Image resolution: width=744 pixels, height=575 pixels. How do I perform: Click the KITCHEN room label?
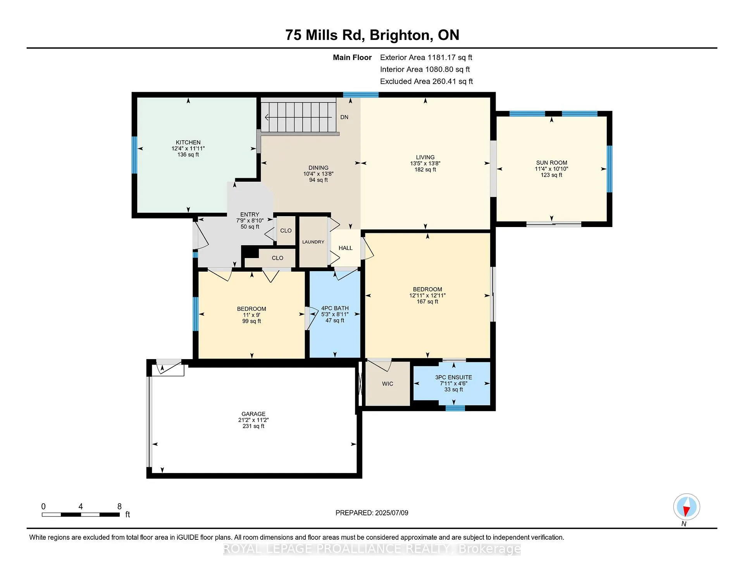pyautogui.click(x=188, y=143)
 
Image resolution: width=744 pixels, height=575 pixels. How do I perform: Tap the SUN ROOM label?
pyautogui.click(x=551, y=163)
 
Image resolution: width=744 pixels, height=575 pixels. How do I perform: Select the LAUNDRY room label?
pyautogui.click(x=313, y=242)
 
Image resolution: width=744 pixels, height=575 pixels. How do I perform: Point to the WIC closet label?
pyautogui.click(x=387, y=384)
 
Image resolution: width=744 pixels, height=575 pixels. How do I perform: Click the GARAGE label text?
pyautogui.click(x=253, y=414)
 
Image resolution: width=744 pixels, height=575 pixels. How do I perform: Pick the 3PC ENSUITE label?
pyautogui.click(x=453, y=377)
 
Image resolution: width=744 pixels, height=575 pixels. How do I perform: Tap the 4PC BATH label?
pyautogui.click(x=335, y=308)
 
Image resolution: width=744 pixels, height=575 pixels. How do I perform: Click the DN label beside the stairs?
pyautogui.click(x=344, y=117)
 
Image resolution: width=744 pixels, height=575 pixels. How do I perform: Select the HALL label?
pyautogui.click(x=345, y=248)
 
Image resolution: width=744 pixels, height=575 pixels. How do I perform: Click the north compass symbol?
pyautogui.click(x=686, y=507)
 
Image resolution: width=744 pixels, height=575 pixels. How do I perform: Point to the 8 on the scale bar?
pyautogui.click(x=119, y=506)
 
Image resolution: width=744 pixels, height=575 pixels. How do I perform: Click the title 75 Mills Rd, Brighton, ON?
pyautogui.click(x=372, y=35)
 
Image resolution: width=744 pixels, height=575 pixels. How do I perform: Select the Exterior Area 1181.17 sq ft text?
pyautogui.click(x=426, y=57)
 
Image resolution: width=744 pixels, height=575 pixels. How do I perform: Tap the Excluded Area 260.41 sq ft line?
pyautogui.click(x=426, y=81)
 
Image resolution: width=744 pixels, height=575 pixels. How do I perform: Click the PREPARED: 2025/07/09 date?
pyautogui.click(x=372, y=513)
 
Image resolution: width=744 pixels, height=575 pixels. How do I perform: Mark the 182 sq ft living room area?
pyautogui.click(x=425, y=170)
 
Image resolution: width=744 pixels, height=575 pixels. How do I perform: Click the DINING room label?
pyautogui.click(x=319, y=168)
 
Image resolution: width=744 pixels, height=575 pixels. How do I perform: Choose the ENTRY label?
pyautogui.click(x=250, y=214)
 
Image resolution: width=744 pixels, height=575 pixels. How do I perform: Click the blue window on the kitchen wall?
pyautogui.click(x=134, y=155)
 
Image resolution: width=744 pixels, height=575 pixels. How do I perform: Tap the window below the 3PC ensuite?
pyautogui.click(x=455, y=408)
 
